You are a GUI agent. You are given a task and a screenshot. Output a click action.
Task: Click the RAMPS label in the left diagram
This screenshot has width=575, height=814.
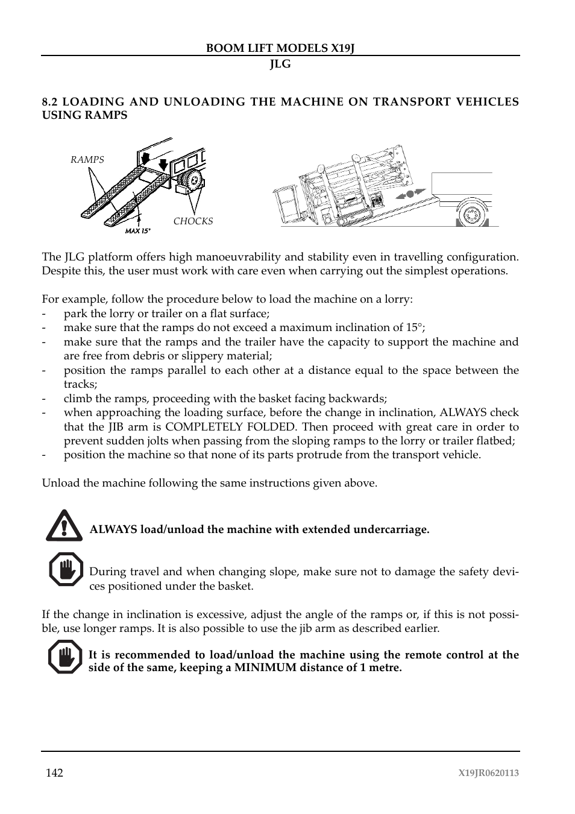pyautogui.click(x=87, y=160)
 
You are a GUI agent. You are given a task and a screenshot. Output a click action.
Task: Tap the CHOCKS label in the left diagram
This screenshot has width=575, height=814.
pyautogui.click(x=193, y=221)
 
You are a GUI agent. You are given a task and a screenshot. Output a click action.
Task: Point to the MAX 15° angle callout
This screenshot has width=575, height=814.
pyautogui.click(x=137, y=231)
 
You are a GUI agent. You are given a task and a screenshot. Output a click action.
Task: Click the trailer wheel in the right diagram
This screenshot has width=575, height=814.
pyautogui.click(x=472, y=213)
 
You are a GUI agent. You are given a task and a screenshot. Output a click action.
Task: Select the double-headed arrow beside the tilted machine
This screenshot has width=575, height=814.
pyautogui.click(x=409, y=194)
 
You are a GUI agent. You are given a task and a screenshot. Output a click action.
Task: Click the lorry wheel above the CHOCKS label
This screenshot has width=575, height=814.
pyautogui.click(x=192, y=180)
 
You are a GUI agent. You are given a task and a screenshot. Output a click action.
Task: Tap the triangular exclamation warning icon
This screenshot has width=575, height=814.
pyautogui.click(x=64, y=526)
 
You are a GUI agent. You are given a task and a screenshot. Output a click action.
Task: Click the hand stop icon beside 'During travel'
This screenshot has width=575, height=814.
pyautogui.click(x=65, y=569)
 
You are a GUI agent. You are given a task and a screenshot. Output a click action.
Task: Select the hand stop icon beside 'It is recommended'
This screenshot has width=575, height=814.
pyautogui.click(x=65, y=657)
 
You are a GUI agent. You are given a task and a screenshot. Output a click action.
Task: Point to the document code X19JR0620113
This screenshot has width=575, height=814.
pyautogui.click(x=488, y=774)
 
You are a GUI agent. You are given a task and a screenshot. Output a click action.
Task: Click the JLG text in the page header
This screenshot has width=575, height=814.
pyautogui.click(x=280, y=64)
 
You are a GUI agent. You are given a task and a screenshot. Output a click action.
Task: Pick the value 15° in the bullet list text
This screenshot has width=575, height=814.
pyautogui.click(x=413, y=328)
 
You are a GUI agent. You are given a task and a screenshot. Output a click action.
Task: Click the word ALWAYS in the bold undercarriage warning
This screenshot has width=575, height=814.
pyautogui.click(x=113, y=530)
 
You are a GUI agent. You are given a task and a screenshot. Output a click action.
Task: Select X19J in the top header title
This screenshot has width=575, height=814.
pyautogui.click(x=342, y=48)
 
